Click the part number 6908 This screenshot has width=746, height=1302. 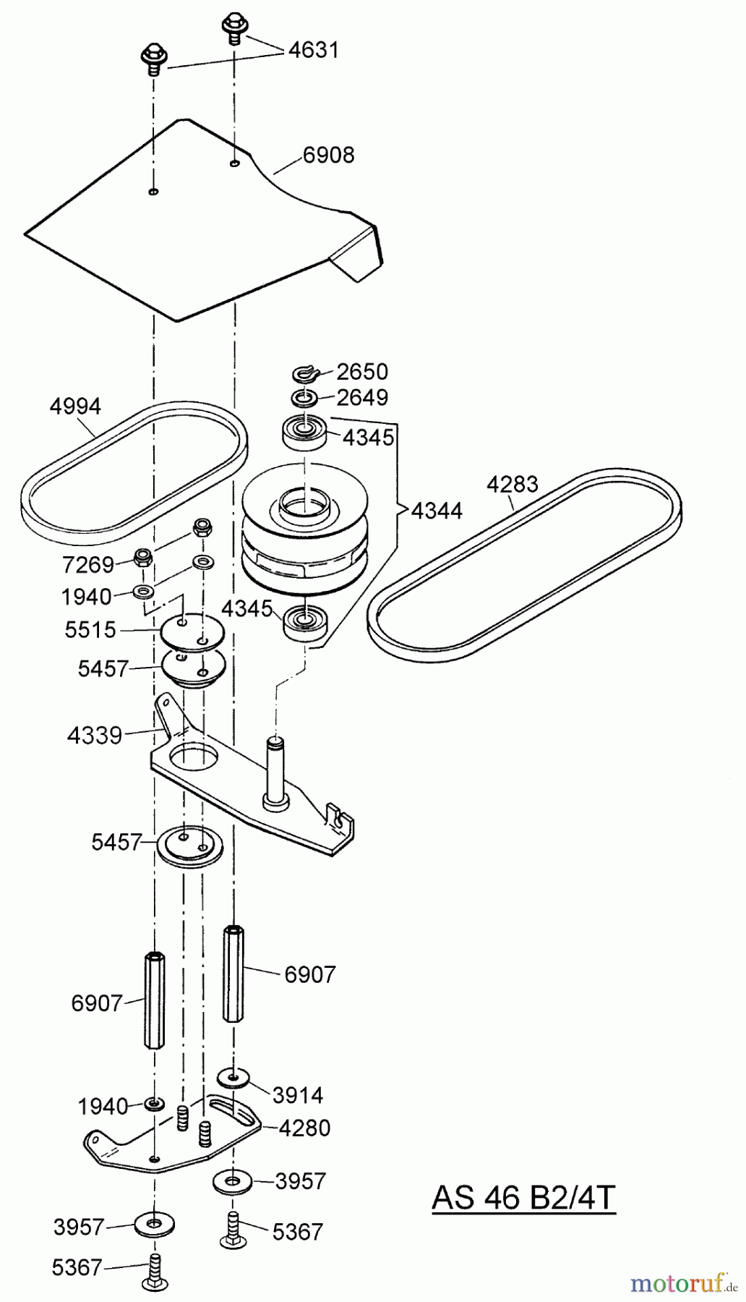(328, 156)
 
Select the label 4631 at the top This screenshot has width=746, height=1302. (313, 50)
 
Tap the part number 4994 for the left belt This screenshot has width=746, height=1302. (75, 406)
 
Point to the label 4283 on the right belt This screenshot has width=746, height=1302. (512, 484)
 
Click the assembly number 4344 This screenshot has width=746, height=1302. (437, 511)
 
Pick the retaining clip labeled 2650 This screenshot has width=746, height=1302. (306, 374)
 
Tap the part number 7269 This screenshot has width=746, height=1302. (88, 564)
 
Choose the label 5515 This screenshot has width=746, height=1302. (90, 630)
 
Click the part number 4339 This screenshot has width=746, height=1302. (94, 736)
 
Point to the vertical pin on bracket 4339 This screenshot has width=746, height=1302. (275, 770)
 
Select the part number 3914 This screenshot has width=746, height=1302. (298, 1095)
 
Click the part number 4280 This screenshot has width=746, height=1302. (304, 1128)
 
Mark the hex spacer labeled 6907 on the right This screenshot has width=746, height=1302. (233, 973)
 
